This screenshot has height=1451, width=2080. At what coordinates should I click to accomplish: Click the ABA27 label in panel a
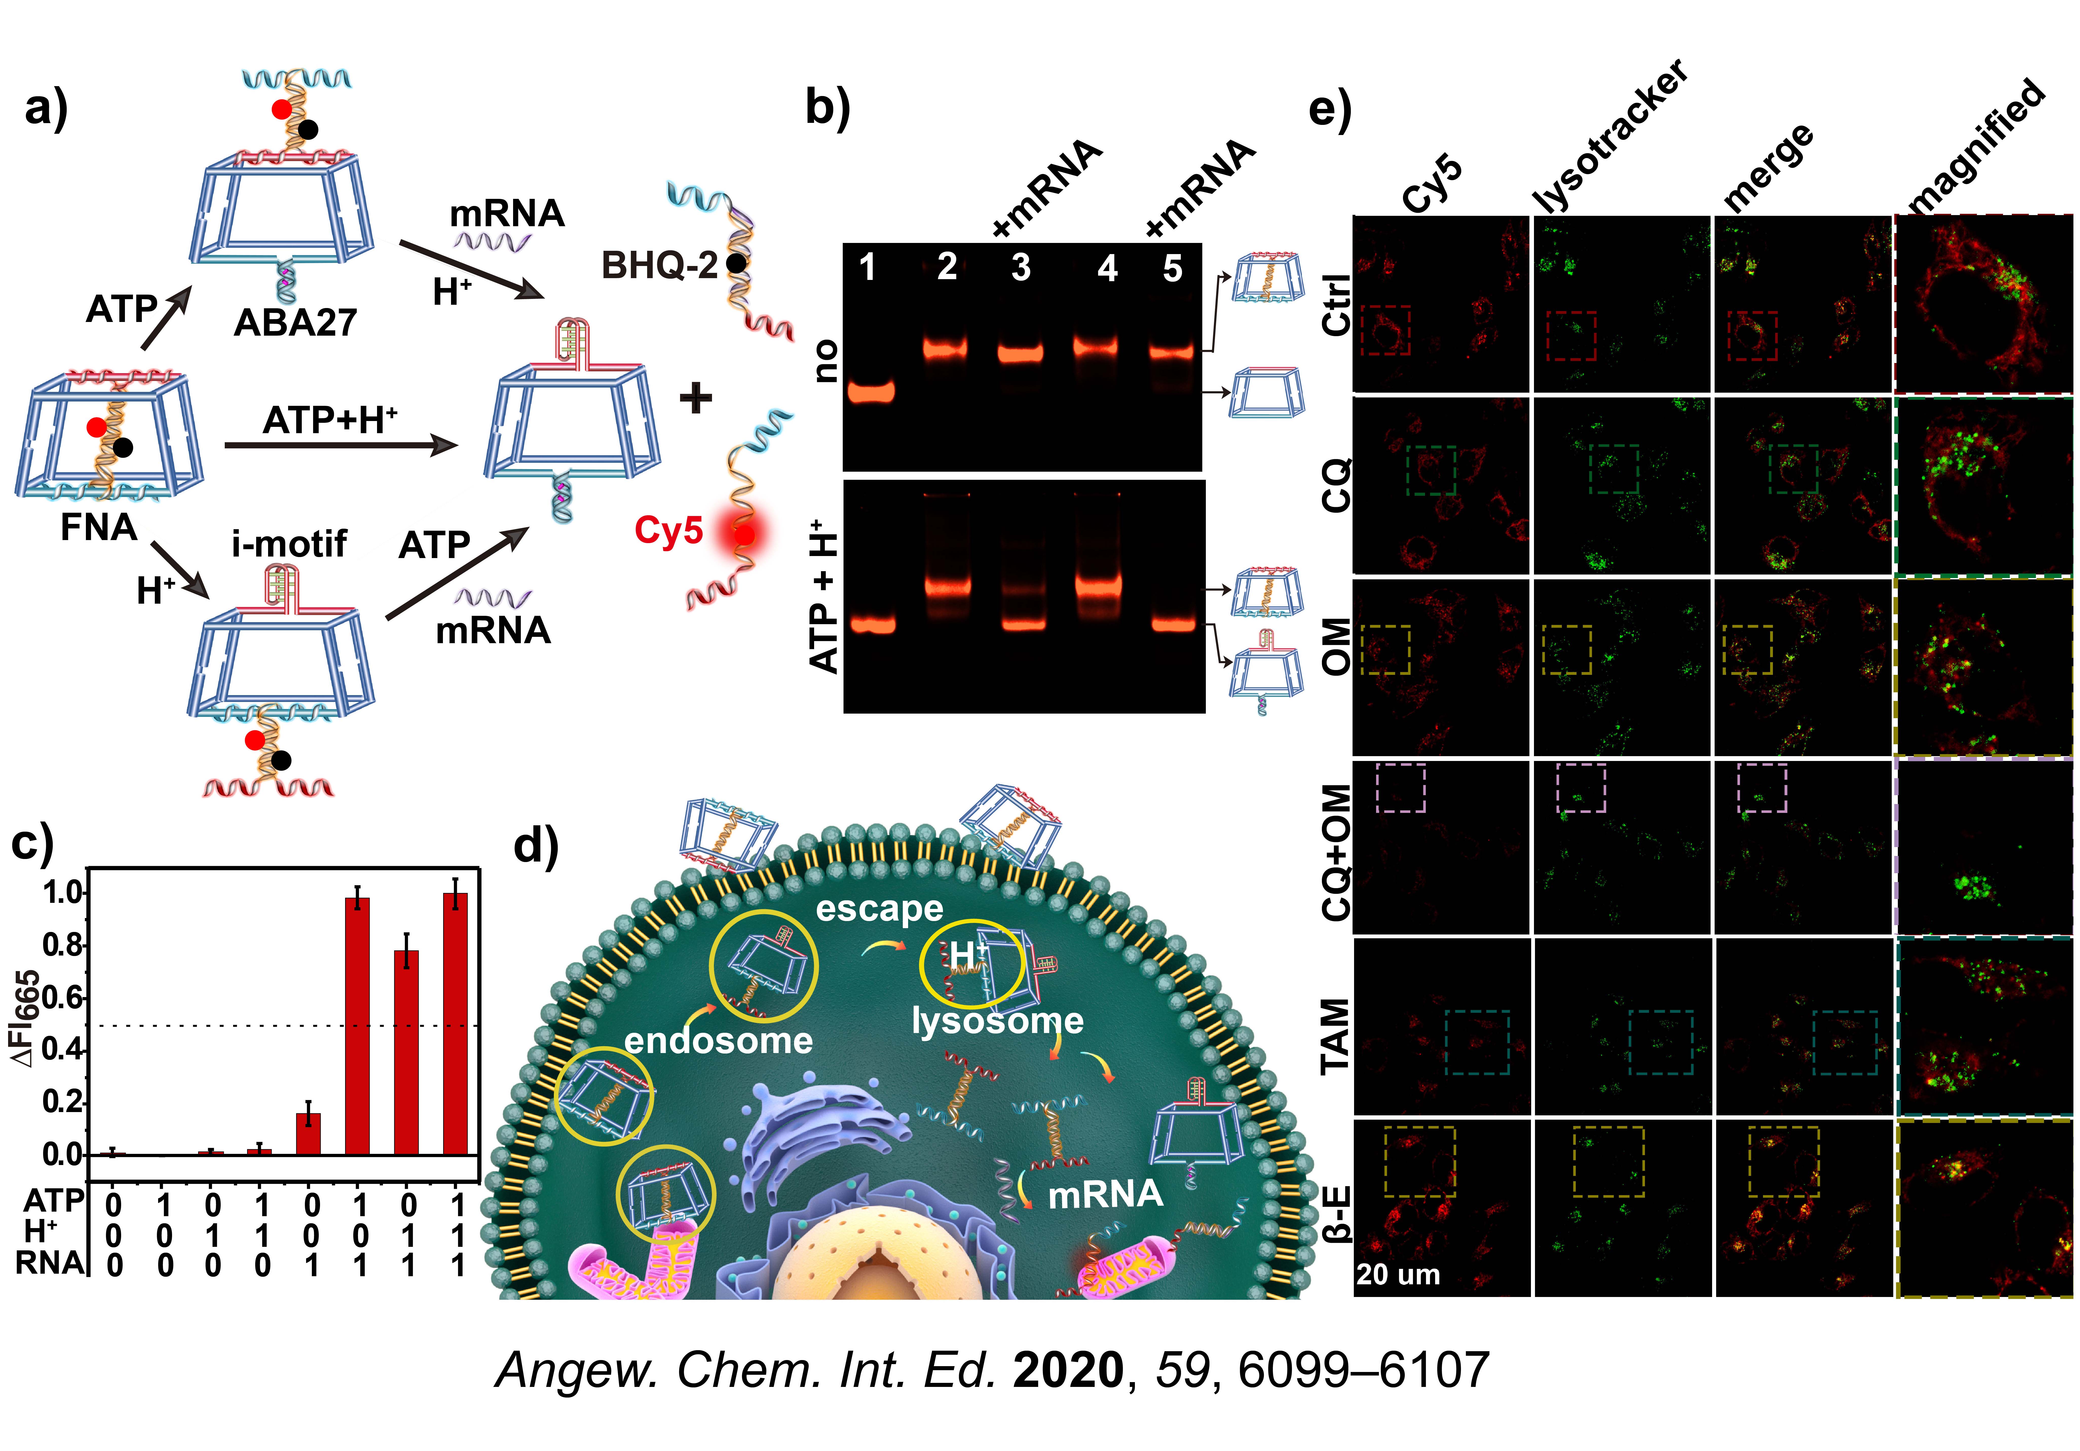click(295, 322)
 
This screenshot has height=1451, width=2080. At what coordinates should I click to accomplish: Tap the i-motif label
click(289, 543)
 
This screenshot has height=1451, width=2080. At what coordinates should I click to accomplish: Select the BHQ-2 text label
click(660, 265)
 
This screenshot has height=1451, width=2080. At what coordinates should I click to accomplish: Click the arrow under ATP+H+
click(341, 445)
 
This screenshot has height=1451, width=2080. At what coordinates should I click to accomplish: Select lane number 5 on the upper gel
click(1172, 268)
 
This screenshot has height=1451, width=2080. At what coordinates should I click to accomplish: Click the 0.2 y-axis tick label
click(63, 1102)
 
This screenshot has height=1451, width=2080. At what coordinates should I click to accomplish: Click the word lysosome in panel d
click(997, 1021)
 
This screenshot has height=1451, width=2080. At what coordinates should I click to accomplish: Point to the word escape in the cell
click(880, 908)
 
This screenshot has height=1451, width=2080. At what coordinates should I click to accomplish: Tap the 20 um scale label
click(1398, 1274)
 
